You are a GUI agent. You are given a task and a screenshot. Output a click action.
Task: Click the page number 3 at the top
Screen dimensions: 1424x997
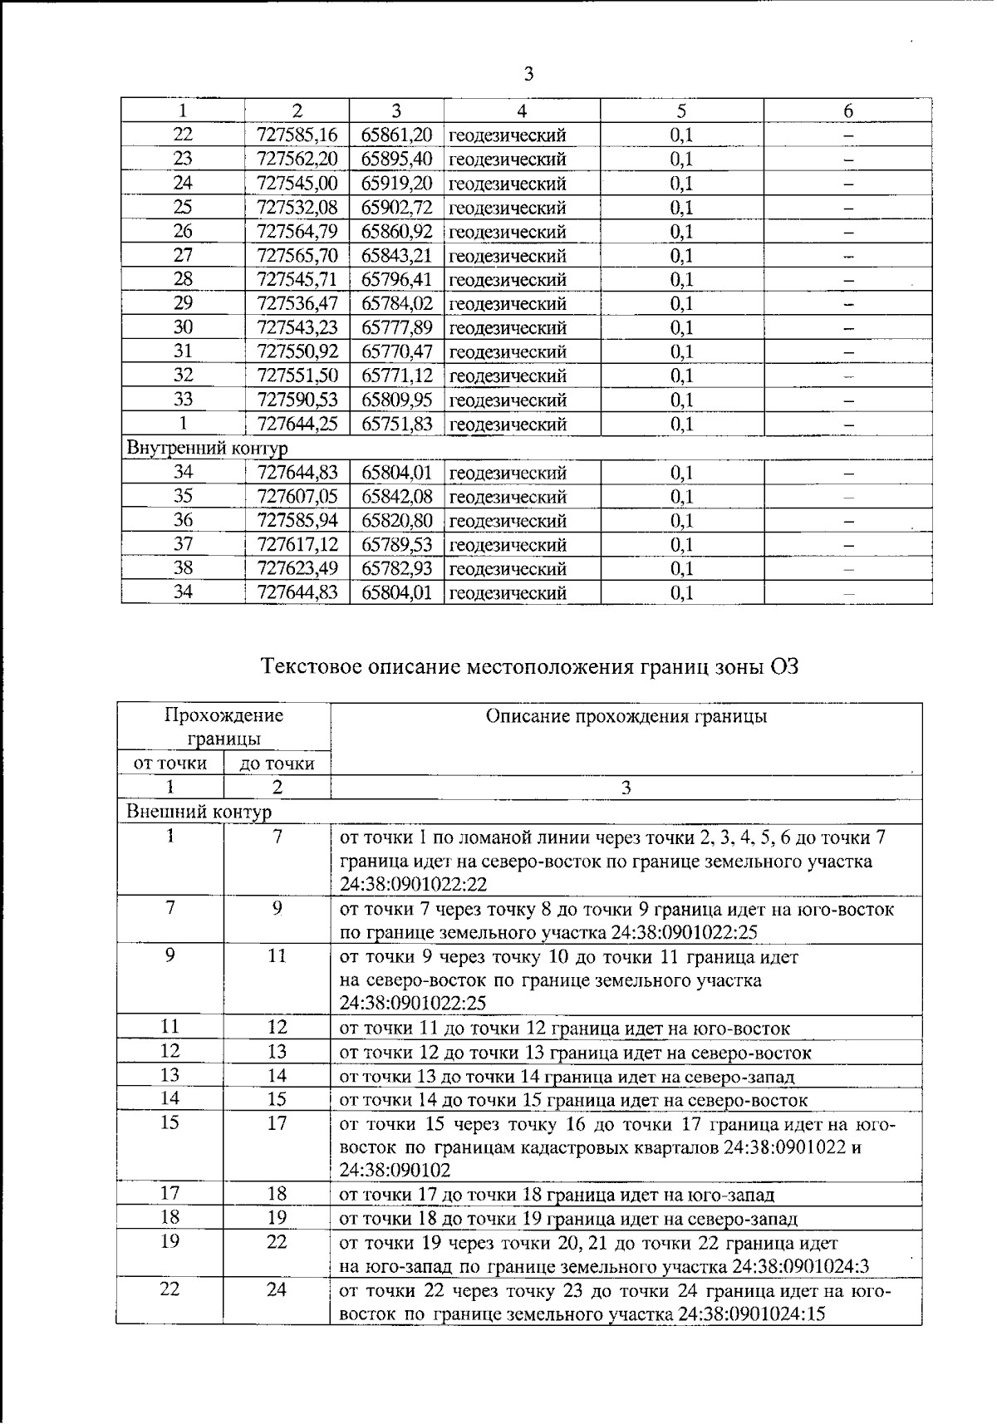pos(528,75)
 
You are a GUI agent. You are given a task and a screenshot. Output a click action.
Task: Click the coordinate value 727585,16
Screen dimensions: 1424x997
pos(297,135)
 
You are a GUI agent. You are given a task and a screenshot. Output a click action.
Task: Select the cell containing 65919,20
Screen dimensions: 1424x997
pos(396,183)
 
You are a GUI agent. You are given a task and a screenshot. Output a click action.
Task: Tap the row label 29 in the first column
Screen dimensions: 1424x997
pos(183,303)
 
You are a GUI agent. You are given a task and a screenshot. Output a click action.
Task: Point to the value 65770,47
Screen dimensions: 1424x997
pos(396,351)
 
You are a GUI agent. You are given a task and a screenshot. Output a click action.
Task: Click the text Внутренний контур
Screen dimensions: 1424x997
pos(207,449)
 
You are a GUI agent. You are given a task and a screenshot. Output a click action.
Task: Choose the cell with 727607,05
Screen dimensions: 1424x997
pos(297,497)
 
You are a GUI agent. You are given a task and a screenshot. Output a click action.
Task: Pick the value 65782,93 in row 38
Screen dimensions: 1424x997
pos(396,569)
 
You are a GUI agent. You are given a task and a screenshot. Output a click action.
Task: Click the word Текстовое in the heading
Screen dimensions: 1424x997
pos(311,666)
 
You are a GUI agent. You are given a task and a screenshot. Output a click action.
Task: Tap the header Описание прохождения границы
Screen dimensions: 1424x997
pos(626,716)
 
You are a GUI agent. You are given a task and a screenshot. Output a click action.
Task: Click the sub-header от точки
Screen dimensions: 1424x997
pos(169,764)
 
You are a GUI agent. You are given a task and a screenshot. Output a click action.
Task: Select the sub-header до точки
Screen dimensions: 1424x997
pos(277,764)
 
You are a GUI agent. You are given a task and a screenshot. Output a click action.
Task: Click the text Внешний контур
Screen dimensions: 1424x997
pos(199,811)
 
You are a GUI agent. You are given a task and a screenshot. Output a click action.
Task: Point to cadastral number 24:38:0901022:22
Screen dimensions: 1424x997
pos(413,884)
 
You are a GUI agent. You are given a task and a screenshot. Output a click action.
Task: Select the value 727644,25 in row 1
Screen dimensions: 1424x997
pos(297,425)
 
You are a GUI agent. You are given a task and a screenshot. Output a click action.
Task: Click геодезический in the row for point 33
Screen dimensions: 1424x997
pos(508,400)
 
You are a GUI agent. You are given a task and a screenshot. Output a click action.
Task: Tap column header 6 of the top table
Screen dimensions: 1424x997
pos(847,110)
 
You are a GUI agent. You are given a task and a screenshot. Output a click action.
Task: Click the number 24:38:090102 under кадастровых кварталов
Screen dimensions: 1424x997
pos(395,1171)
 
